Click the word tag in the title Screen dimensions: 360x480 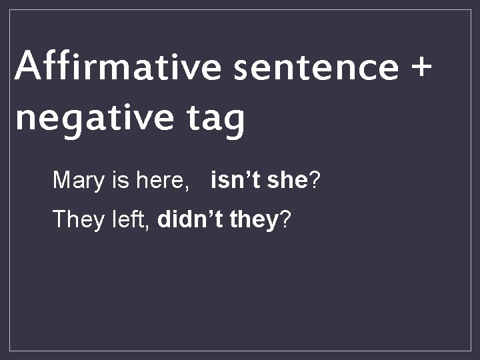pos(212,119)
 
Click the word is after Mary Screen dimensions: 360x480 pos(123,179)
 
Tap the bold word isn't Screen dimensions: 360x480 pos(235,179)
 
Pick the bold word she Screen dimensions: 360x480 pos(285,179)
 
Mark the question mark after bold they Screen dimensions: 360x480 pos(285,219)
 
